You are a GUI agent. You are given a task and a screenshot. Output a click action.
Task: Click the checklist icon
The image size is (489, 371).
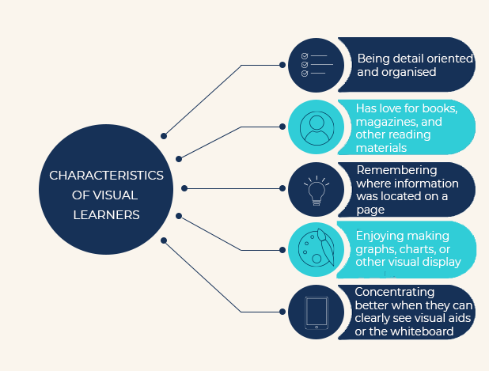[x=317, y=65]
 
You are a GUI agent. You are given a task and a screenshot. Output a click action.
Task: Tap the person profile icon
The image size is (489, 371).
[x=317, y=128]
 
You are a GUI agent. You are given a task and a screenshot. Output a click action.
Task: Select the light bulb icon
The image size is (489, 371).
[x=317, y=190]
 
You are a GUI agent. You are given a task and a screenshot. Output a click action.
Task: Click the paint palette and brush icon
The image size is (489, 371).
[x=317, y=248]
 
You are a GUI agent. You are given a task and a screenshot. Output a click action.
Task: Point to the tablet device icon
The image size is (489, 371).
[x=317, y=312]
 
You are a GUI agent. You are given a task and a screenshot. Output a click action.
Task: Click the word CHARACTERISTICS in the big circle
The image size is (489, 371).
[x=106, y=176]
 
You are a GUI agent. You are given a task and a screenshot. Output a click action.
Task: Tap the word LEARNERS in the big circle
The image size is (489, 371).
[x=106, y=215]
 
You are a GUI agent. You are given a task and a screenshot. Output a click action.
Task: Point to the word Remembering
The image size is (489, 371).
[x=396, y=171]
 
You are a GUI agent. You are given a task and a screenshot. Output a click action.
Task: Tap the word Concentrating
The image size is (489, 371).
[x=395, y=293]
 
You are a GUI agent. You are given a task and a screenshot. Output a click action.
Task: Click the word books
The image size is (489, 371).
[x=438, y=108]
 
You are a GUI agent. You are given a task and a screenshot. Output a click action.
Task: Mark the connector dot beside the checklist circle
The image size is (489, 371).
[x=282, y=65]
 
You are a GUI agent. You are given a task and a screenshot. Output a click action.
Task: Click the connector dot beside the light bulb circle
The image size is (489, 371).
[x=282, y=188]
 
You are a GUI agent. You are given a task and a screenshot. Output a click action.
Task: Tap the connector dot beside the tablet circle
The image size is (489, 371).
[x=282, y=312]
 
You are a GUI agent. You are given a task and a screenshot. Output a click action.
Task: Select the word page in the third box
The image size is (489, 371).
[x=370, y=210]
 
